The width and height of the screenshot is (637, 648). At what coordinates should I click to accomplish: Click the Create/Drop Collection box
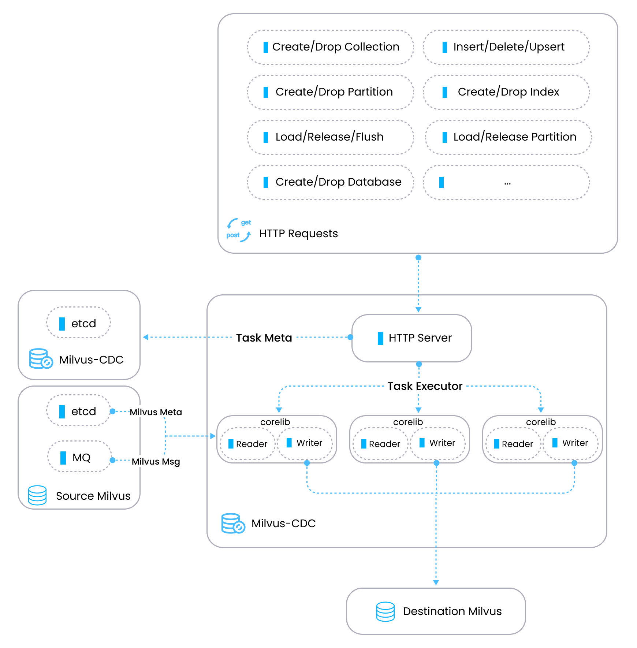click(331, 47)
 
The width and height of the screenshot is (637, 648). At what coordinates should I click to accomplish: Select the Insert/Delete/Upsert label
click(509, 47)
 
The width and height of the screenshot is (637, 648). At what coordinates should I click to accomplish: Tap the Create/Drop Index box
click(506, 92)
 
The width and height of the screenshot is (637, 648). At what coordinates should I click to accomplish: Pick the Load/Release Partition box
click(508, 137)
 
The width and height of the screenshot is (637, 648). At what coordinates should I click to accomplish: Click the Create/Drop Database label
click(338, 182)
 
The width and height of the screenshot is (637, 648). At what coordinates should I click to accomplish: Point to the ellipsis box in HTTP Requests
click(506, 182)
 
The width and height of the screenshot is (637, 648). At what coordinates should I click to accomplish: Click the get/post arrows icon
click(239, 230)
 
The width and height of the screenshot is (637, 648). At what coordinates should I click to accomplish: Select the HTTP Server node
click(412, 338)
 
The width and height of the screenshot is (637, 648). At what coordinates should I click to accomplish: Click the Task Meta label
click(264, 338)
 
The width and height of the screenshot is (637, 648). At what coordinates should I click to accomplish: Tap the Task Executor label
click(425, 386)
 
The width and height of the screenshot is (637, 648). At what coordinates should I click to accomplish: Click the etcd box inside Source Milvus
click(78, 411)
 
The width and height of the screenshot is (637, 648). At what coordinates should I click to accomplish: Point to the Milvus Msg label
click(156, 462)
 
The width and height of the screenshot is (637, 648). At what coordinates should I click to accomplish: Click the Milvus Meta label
click(156, 412)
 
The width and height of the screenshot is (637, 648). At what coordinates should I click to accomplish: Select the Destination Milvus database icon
click(385, 611)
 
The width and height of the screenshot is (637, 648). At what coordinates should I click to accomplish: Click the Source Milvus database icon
click(37, 495)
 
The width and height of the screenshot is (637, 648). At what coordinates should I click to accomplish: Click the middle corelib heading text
click(408, 422)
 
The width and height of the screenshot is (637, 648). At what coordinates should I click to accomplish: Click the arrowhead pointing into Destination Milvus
click(436, 582)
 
